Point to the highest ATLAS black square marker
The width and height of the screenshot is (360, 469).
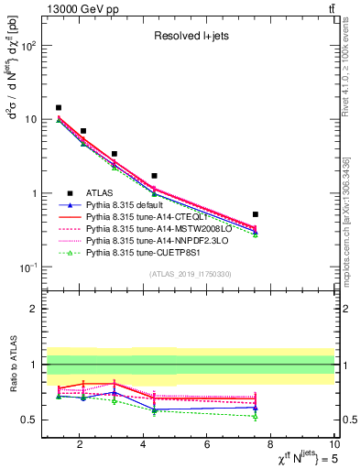coord(59,108)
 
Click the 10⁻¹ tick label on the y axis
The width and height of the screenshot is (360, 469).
coord(27,267)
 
